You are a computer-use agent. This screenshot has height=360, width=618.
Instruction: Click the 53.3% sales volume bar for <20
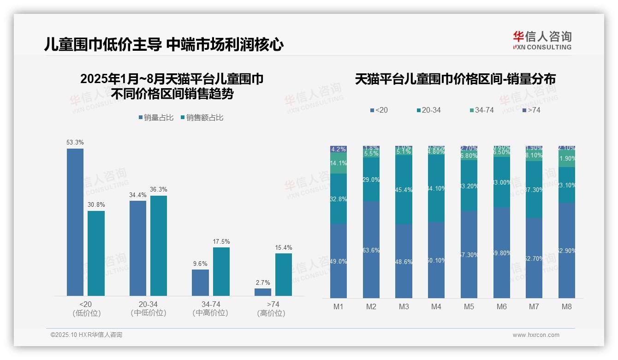[75, 222]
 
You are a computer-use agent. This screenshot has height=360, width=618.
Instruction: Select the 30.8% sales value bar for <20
[96, 253]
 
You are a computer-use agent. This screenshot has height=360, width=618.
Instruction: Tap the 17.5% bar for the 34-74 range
[221, 271]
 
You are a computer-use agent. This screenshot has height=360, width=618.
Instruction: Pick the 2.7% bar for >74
[263, 292]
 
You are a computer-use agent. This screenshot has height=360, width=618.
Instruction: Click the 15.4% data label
[284, 248]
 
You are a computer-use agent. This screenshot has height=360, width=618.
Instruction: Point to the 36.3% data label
[159, 190]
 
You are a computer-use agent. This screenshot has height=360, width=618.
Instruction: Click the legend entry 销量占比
[156, 118]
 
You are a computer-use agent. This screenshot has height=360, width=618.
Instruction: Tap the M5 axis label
[469, 306]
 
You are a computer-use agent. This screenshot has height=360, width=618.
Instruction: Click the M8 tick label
[567, 306]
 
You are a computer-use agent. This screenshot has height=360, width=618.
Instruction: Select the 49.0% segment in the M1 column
[339, 261]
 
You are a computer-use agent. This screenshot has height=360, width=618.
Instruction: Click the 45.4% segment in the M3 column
[404, 190]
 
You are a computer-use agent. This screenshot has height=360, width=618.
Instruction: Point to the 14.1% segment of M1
[339, 163]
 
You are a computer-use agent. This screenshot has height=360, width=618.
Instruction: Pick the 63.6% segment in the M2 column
[371, 250]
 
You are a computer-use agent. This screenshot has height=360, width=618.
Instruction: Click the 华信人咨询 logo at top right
[542, 40]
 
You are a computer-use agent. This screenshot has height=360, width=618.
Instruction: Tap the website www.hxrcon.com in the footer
[536, 335]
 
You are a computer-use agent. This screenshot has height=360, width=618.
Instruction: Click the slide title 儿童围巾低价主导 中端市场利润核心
[164, 45]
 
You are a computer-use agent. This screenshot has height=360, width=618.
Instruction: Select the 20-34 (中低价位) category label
[149, 308]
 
